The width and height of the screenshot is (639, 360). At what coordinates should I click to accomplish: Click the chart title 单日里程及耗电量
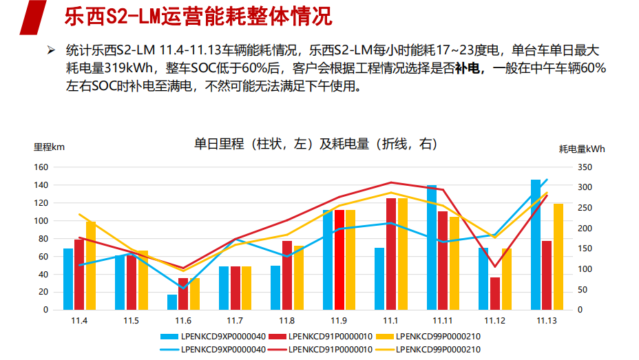tap(315, 144)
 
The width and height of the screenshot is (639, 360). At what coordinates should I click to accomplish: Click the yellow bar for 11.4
tap(91, 265)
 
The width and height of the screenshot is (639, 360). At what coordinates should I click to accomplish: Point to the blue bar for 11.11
tap(432, 247)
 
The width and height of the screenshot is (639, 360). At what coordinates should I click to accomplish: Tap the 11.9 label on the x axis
tap(339, 321)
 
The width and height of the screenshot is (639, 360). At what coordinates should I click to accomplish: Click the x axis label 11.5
tap(132, 321)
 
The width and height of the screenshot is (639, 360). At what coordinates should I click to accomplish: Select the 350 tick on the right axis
tap(585, 167)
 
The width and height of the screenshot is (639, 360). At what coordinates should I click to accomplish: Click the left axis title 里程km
tap(49, 147)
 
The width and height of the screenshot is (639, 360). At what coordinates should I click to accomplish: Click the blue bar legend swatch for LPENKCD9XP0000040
tap(168, 337)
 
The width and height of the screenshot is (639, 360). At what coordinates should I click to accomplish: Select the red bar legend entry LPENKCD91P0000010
tap(331, 337)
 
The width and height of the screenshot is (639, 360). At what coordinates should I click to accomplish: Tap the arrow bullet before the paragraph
tap(50, 50)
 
